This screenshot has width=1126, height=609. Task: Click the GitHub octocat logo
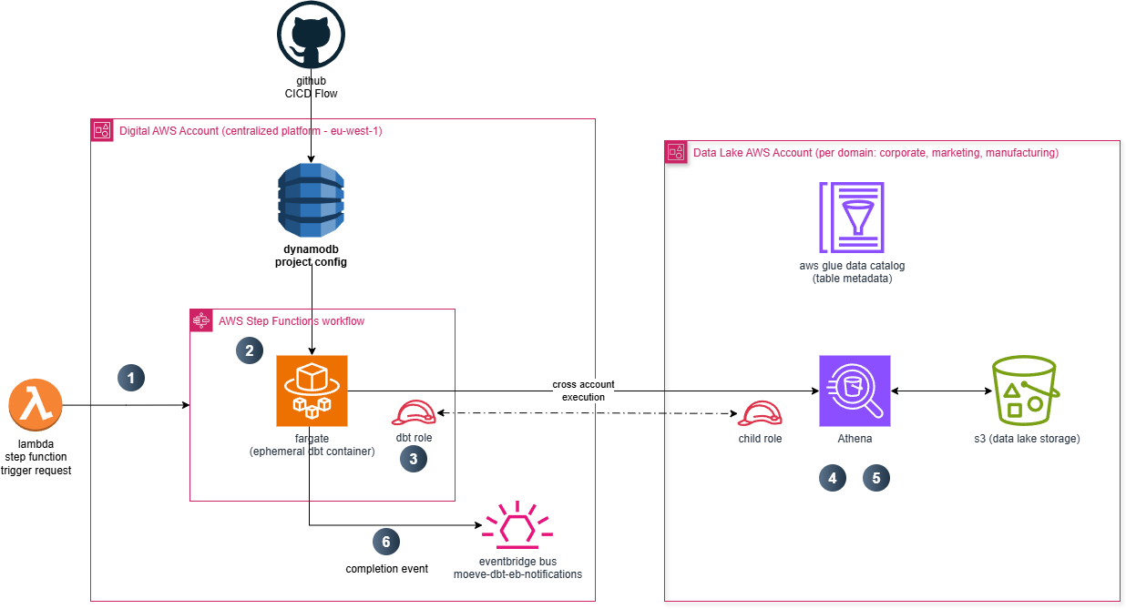[x=311, y=35]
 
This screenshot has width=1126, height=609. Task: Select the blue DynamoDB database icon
[x=311, y=200]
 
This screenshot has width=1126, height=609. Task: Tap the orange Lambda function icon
[x=36, y=405]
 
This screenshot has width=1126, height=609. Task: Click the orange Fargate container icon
[x=312, y=391]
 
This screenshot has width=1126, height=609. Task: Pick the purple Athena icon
[x=855, y=391]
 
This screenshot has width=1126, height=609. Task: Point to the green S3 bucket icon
[x=1026, y=390]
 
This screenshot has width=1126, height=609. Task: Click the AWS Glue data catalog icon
[x=852, y=217]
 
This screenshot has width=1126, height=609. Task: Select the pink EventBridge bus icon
[x=517, y=525]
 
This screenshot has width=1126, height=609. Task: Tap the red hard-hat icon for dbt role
[x=414, y=413]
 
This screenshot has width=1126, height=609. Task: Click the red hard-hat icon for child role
[x=760, y=413]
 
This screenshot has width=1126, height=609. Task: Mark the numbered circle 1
[x=131, y=378]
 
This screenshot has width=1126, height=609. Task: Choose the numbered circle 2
[x=250, y=350]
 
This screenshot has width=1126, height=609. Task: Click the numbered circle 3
[x=414, y=459]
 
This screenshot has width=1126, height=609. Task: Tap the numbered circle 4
[x=833, y=478]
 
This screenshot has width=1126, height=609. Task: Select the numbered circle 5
[x=876, y=478]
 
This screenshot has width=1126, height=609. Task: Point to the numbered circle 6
[x=386, y=542]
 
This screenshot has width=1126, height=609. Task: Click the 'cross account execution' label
[x=583, y=391]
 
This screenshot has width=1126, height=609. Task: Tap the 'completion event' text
[x=386, y=569]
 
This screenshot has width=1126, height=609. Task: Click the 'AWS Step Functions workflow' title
[x=292, y=321]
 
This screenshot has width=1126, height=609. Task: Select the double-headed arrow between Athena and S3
[x=941, y=391]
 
